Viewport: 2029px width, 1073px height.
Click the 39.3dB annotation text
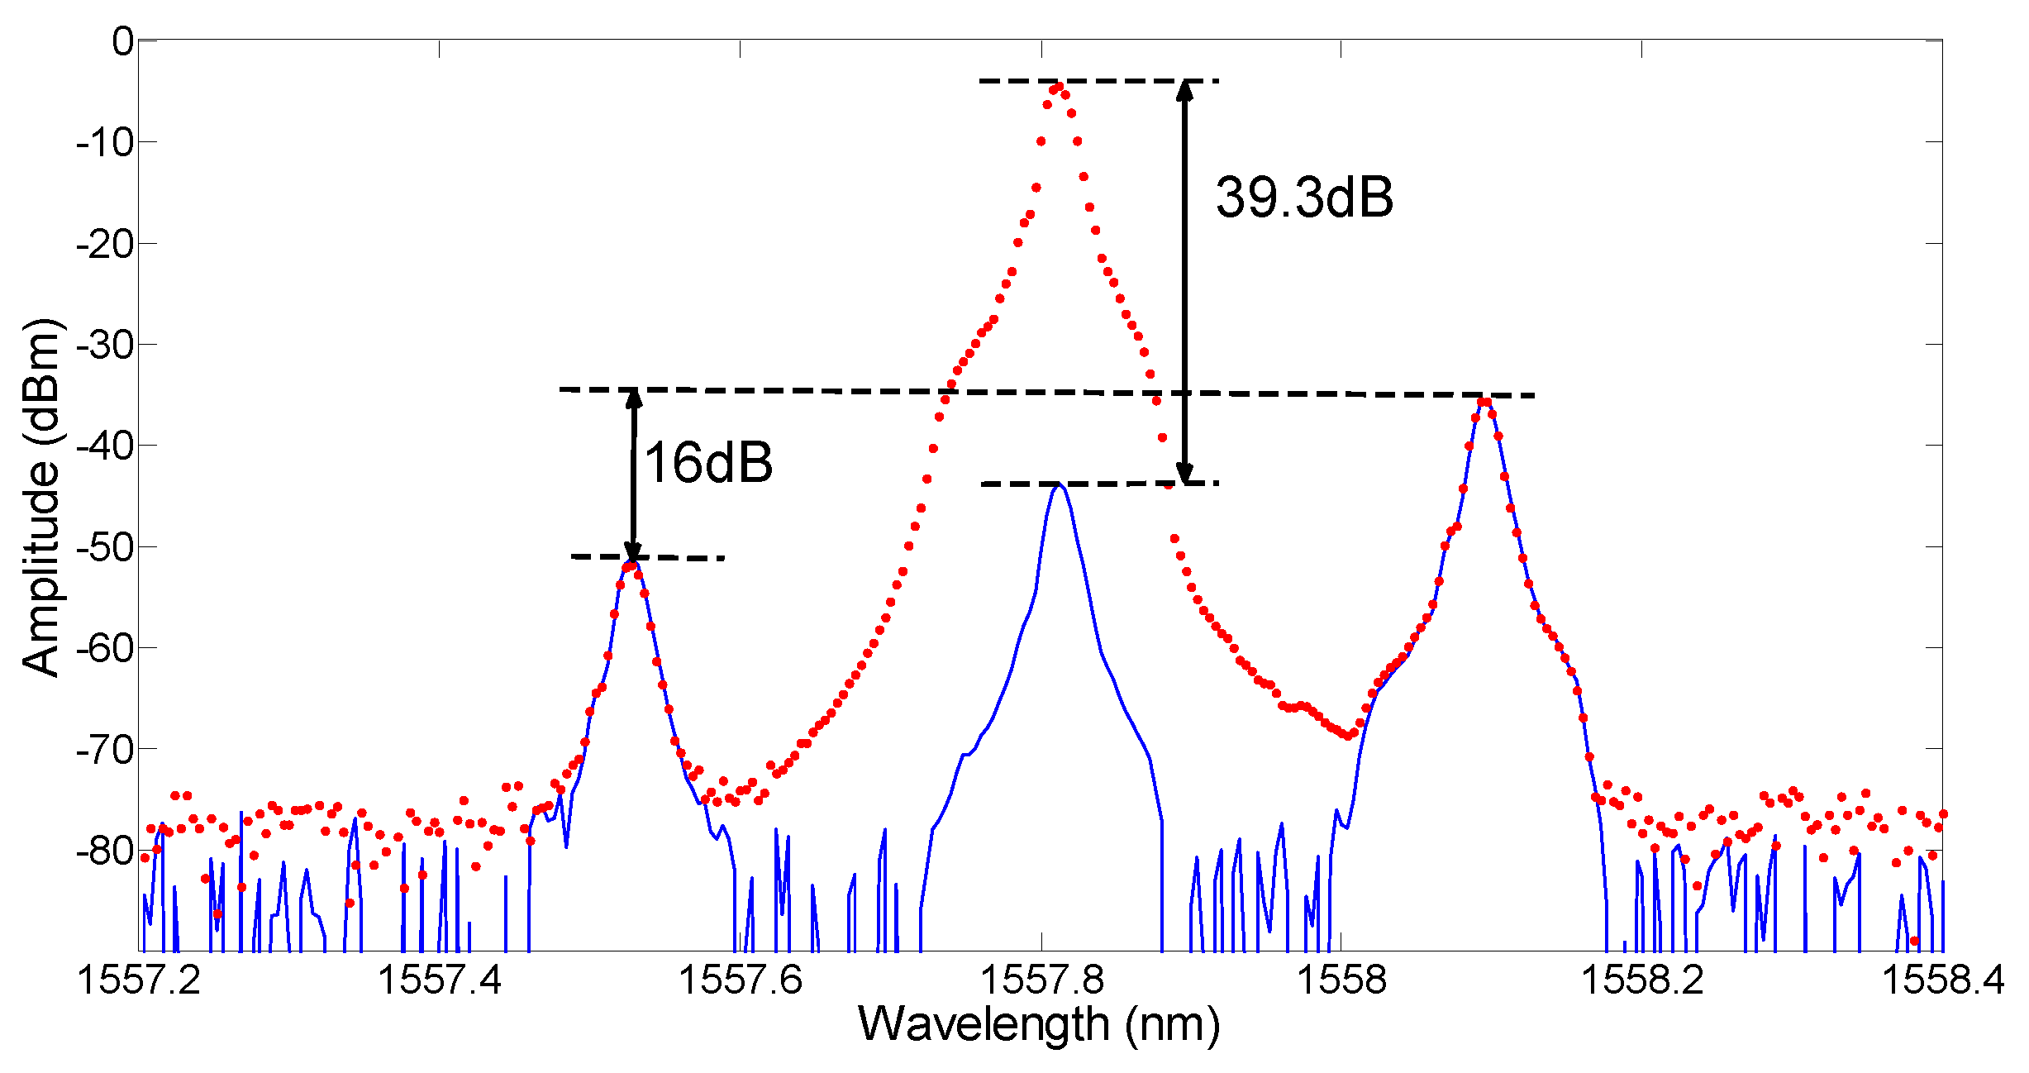coord(1303,198)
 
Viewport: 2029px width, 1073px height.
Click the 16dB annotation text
coord(708,462)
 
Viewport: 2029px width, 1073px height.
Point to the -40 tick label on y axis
coord(104,446)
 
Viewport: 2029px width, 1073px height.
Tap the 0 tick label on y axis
coord(122,41)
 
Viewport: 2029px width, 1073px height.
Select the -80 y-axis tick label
coord(104,851)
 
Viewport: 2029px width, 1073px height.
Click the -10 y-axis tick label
coord(104,143)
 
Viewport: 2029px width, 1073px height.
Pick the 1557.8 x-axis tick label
coord(1041,980)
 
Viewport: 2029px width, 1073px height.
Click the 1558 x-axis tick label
coord(1341,980)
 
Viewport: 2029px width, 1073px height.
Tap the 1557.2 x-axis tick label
coord(139,980)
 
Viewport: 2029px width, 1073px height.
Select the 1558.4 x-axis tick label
coord(1942,980)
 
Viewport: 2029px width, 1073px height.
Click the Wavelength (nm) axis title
coord(1039,1024)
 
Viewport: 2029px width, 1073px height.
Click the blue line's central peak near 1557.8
coord(1059,486)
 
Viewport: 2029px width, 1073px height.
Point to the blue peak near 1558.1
coord(1484,403)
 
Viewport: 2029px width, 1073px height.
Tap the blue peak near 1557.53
coord(632,562)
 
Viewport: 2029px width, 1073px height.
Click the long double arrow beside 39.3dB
coord(1184,281)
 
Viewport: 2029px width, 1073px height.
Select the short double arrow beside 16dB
coord(633,475)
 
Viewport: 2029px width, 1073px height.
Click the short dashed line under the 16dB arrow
coord(648,558)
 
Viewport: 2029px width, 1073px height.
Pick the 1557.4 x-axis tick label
coord(440,980)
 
